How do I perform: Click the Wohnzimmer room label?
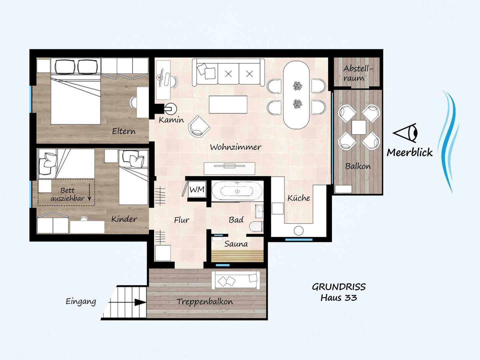tap(236, 147)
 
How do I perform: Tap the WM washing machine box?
tap(197, 189)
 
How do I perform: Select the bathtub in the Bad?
tap(237, 191)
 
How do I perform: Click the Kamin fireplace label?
tap(171, 120)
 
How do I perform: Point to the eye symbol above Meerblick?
tap(405, 133)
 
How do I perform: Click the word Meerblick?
tap(410, 152)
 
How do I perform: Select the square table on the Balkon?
tap(359, 127)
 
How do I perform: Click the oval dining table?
tap(296, 95)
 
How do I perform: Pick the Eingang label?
tap(81, 301)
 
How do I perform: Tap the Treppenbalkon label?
tap(205, 302)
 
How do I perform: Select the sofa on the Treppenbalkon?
tap(236, 280)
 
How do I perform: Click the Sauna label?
tap(236, 244)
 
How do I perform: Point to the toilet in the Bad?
tap(256, 226)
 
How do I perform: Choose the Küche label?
tap(299, 198)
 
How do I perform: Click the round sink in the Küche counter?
tap(299, 231)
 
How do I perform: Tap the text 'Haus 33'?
tap(339, 297)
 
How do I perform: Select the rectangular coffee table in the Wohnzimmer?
tap(228, 104)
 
